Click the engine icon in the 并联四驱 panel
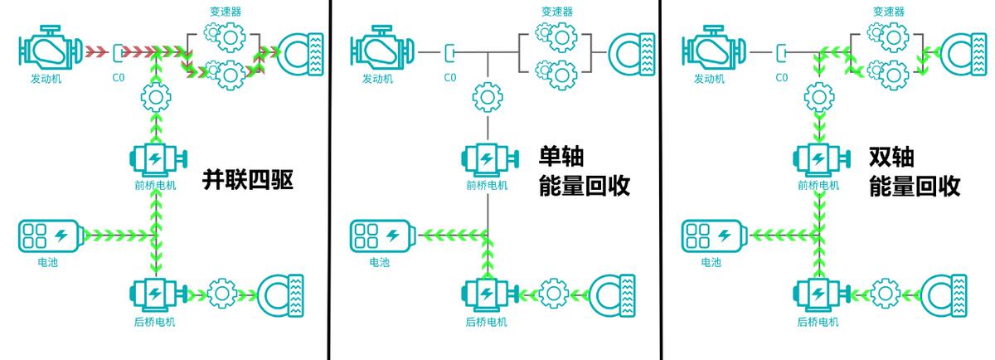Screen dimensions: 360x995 coord(50,51)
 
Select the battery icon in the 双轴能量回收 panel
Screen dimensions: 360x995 coord(713,236)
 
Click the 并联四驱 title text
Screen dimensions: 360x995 coord(248,181)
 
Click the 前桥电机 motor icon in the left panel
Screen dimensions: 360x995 coord(155,159)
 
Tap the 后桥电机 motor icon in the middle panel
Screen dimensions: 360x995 coord(488,294)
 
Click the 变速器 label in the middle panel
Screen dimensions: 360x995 coord(557,12)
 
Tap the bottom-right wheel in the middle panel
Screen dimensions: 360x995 coord(613,294)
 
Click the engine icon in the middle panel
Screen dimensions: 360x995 coord(381,51)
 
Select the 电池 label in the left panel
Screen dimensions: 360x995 coord(47,263)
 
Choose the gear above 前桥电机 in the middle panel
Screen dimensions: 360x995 coord(487,98)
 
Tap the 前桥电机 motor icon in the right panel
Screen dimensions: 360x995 coord(818,159)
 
